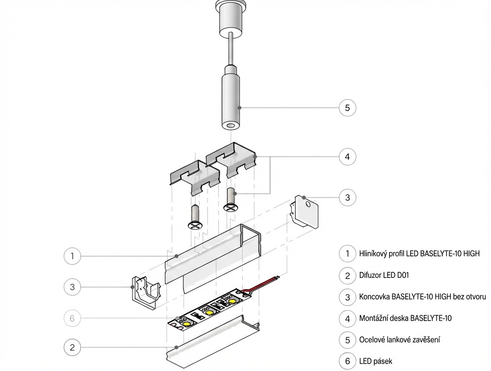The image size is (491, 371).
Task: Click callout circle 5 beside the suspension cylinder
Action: click(x=348, y=108)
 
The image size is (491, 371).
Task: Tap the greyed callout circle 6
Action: click(x=72, y=318)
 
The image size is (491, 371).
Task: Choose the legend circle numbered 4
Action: click(x=348, y=318)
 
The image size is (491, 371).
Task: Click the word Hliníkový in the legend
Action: click(x=375, y=253)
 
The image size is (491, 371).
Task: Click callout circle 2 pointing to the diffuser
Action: click(x=72, y=347)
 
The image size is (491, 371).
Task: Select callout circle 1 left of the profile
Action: click(x=72, y=256)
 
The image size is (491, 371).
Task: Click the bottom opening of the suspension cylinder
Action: click(x=229, y=125)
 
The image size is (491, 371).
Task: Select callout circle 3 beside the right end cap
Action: click(x=348, y=198)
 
